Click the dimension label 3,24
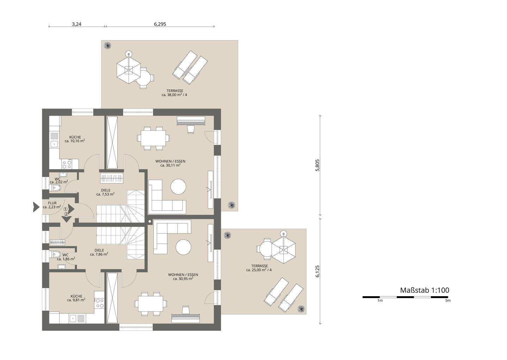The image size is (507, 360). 76,24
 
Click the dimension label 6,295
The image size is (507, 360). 160,24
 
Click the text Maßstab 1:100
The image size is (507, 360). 424,290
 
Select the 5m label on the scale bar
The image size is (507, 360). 448,301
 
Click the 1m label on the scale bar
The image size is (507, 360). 380,301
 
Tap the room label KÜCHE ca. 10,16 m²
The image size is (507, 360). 75,139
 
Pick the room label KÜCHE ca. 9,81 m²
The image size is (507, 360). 76,298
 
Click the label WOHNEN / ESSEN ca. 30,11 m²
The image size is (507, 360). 170,163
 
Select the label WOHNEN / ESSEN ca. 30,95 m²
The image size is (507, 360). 183,277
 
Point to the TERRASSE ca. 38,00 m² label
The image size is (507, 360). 175,93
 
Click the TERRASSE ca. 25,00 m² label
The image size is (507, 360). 259,268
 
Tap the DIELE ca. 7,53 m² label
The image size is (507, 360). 106,192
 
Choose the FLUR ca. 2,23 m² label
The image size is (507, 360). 52,205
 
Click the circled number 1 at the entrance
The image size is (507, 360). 65,209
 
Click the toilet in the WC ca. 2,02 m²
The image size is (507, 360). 55,188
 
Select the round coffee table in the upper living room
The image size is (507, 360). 179,187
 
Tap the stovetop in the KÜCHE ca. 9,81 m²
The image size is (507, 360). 99,303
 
